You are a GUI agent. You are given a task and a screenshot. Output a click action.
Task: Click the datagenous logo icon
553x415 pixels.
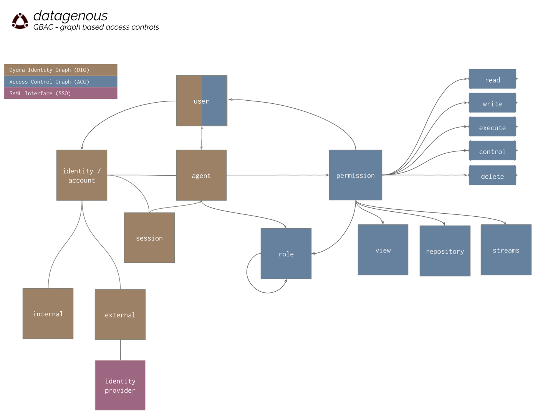(x=20, y=21)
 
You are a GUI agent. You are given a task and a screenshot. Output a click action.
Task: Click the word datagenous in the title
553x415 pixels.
(x=70, y=16)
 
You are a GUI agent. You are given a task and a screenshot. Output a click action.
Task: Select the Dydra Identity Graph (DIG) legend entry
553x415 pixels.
(x=61, y=70)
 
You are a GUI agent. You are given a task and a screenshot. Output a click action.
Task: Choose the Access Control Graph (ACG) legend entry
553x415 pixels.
(x=61, y=82)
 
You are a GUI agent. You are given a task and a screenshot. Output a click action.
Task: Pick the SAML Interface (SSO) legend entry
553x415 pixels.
(x=61, y=93)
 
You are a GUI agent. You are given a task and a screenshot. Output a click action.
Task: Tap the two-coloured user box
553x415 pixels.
(x=202, y=101)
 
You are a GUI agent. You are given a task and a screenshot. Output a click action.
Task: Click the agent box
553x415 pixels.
(x=201, y=175)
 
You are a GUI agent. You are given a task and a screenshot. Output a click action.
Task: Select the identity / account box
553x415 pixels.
(x=82, y=175)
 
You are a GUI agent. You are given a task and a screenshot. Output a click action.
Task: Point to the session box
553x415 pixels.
(x=149, y=238)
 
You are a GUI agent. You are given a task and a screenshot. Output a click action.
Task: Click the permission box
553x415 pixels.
(x=356, y=175)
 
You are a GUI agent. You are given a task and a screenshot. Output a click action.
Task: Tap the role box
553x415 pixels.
(x=286, y=254)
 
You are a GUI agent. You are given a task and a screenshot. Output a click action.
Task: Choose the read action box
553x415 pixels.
(x=492, y=79)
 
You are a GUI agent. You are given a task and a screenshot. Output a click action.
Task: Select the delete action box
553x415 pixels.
(x=492, y=176)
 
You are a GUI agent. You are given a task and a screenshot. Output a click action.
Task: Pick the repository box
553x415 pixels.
(x=445, y=251)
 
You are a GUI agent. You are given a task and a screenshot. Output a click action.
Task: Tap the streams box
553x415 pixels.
(x=506, y=250)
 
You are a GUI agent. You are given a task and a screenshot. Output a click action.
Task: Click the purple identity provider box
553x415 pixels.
(x=120, y=385)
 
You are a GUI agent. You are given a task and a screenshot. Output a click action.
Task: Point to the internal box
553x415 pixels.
(x=48, y=314)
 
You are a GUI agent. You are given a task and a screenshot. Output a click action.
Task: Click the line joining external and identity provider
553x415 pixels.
(x=121, y=350)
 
